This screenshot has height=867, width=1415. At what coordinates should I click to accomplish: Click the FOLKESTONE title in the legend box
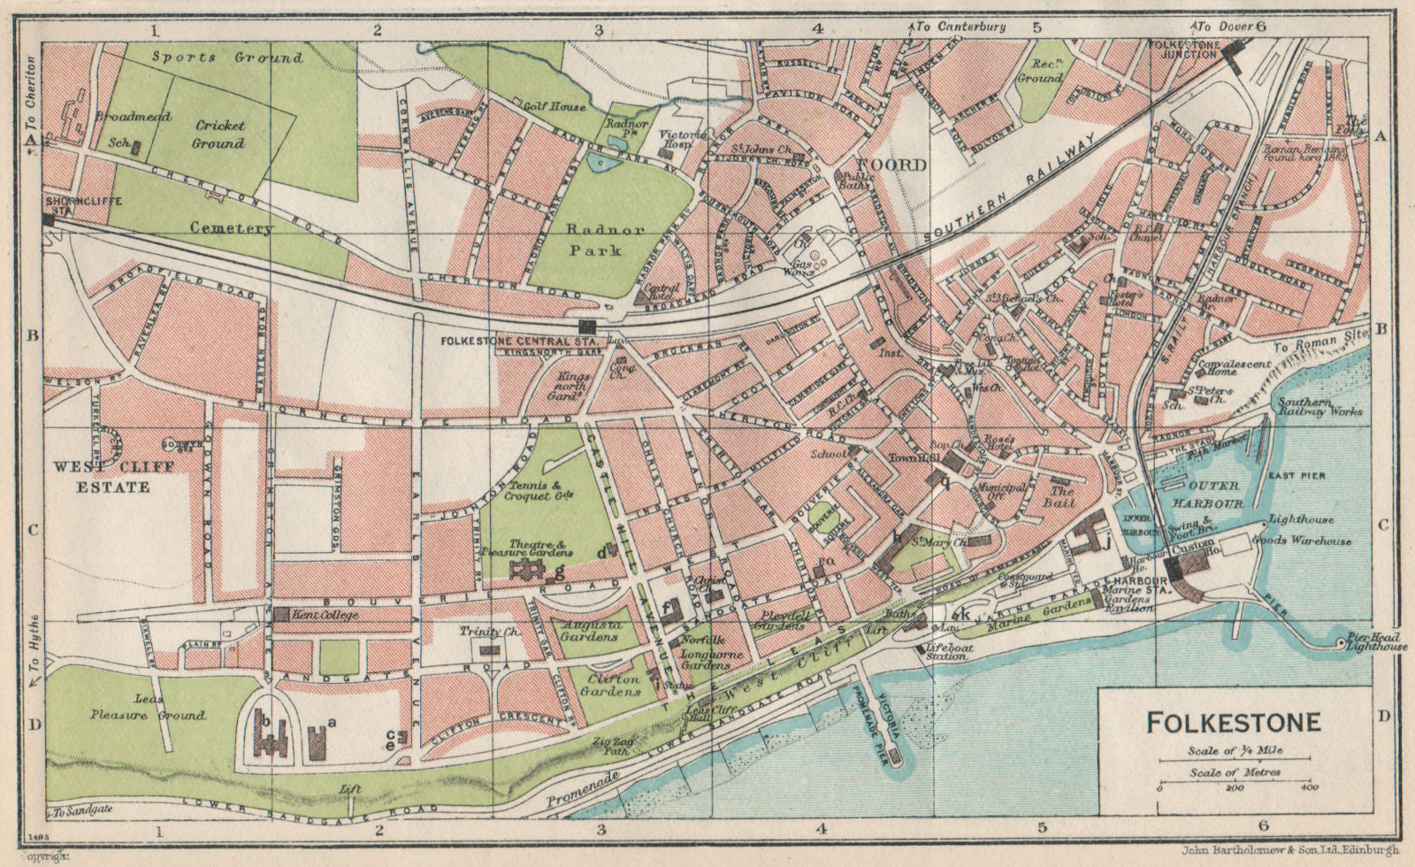coord(1234,722)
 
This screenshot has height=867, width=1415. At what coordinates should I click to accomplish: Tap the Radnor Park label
coord(596,237)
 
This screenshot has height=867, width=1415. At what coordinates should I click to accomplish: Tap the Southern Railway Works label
coord(1319,405)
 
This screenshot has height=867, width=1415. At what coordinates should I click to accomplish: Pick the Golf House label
coord(554,107)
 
